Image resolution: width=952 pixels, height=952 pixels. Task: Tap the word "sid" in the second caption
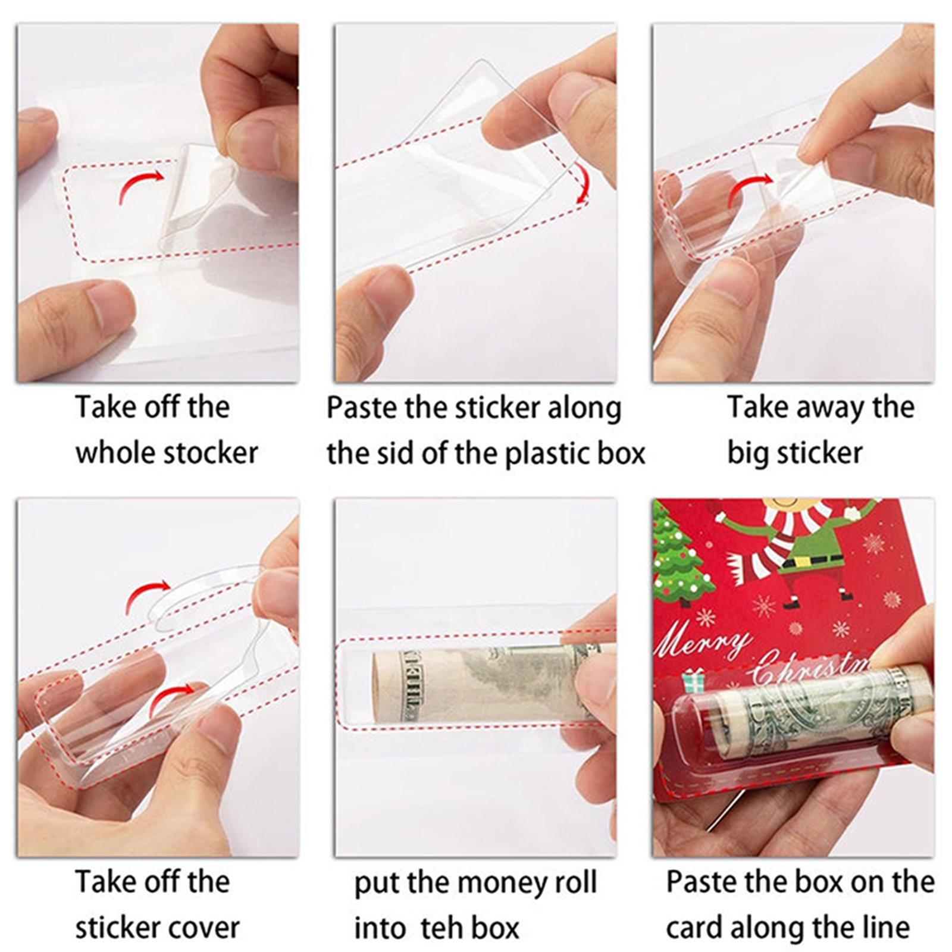coord(397,453)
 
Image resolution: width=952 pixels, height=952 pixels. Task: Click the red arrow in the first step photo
coord(141,185)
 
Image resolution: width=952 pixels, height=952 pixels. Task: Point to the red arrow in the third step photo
coord(749,189)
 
